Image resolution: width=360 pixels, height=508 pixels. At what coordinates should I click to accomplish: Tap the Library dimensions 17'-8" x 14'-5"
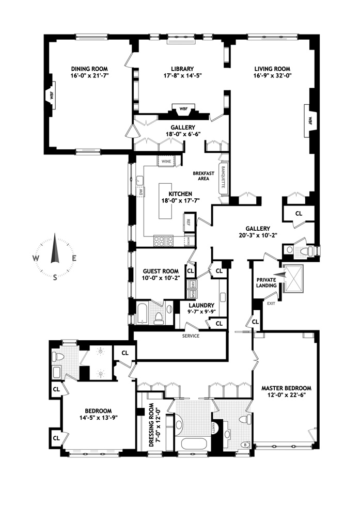pos(182,76)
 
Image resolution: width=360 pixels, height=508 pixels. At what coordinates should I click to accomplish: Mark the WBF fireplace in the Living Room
pos(310,120)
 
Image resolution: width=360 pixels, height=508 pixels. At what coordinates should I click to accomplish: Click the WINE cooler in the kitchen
pos(166,161)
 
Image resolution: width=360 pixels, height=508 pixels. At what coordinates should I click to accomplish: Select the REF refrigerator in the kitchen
pos(189,223)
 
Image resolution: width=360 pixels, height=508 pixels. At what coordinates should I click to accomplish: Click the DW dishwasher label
pos(140,192)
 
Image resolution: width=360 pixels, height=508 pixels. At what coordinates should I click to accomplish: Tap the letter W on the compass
pos(36,258)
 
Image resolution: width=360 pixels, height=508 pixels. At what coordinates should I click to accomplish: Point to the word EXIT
pos(272,303)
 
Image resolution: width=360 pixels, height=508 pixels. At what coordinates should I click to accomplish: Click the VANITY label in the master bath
pos(214,427)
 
